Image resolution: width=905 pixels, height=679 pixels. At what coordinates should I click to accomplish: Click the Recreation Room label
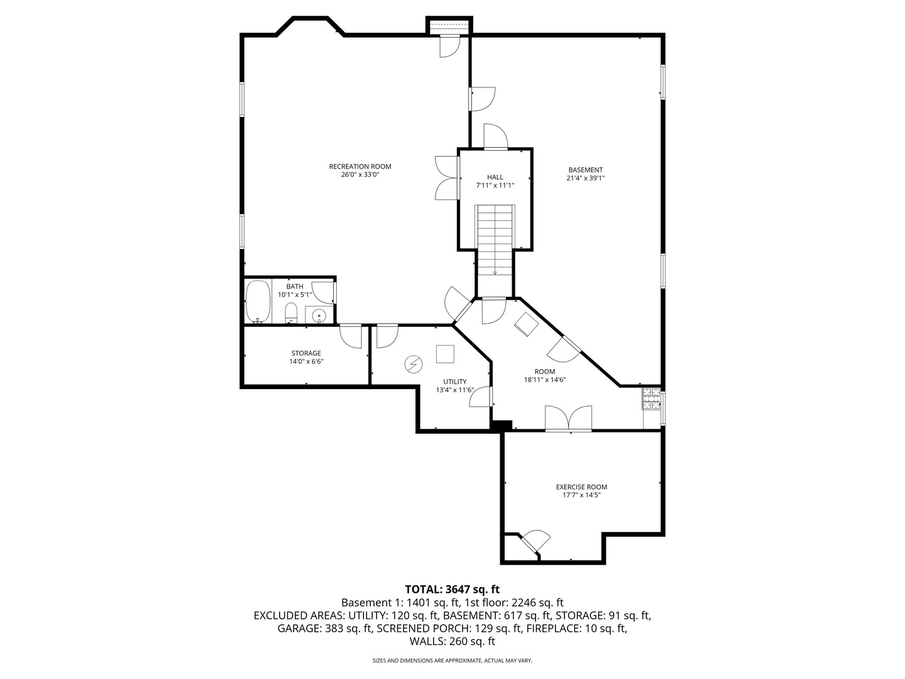[360, 167]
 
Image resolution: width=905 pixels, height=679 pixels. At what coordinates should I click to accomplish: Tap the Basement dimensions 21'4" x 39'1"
[585, 179]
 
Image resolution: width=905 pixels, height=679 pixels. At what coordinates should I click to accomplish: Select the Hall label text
[495, 177]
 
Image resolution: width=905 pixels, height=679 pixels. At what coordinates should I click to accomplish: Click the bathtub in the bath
[258, 302]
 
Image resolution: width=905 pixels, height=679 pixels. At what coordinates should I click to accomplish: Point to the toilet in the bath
[291, 312]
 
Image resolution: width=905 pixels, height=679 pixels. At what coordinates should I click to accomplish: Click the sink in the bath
[319, 316]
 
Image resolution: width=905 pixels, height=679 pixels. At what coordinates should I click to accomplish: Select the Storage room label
[306, 353]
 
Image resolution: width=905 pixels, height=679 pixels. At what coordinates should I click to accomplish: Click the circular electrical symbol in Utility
[414, 364]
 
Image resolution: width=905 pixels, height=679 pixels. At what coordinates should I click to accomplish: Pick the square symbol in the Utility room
[446, 355]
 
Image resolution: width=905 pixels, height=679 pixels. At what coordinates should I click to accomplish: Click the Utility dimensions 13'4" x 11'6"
[455, 390]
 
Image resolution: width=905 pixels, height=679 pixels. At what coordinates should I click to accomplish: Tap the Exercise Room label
[581, 487]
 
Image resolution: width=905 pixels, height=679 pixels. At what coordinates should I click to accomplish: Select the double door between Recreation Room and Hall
[446, 178]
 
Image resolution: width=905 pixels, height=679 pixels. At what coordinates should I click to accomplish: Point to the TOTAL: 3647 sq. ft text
[452, 590]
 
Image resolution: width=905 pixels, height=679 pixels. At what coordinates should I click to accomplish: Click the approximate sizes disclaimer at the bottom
[452, 661]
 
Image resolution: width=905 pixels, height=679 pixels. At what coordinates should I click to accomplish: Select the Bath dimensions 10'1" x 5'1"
[295, 295]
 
